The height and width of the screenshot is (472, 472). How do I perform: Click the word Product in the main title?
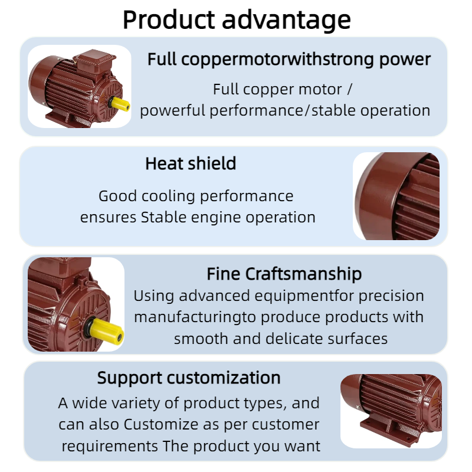169,20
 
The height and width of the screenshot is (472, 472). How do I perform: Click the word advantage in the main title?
286,21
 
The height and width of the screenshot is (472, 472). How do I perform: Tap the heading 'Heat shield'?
191,163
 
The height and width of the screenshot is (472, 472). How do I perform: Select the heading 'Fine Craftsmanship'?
284,274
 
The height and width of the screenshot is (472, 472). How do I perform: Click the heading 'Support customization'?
189,378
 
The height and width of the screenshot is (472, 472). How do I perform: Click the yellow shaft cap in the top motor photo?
120,104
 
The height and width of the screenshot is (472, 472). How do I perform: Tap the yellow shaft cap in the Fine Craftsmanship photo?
106,330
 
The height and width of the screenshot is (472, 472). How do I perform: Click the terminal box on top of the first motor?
95,61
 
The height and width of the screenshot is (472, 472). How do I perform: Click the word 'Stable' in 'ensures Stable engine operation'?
163,217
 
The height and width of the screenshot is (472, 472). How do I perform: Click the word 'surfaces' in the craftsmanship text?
358,339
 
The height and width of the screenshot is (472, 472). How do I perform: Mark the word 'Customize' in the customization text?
161,424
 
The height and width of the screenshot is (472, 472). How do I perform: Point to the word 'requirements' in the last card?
110,447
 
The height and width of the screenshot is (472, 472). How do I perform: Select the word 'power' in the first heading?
405,60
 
